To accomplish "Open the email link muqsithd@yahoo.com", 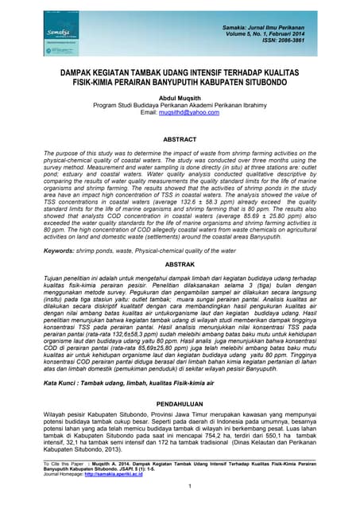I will pyautogui.click(x=189, y=113).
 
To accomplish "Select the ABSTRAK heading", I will pyautogui.click(x=179, y=263).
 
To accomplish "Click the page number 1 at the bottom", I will pyautogui.click(x=180, y=487).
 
